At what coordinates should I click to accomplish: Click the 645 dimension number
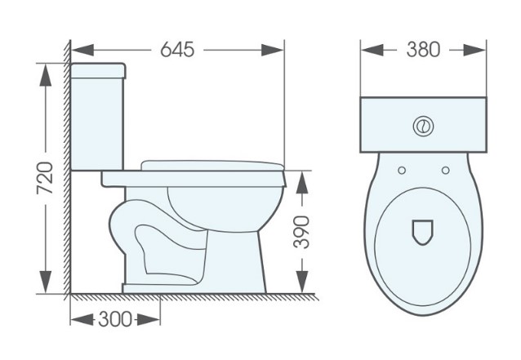177,50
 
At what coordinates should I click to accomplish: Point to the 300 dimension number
115,319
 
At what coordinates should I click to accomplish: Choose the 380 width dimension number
423,50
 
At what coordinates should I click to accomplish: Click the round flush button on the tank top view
423,127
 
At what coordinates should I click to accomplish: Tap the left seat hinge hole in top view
402,170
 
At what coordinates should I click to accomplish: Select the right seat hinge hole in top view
445,170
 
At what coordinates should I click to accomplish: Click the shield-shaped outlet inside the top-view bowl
423,231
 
